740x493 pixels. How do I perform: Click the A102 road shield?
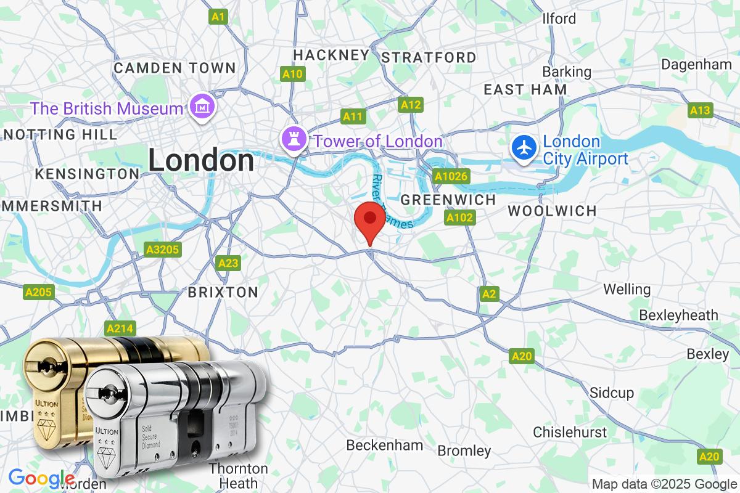[459, 217]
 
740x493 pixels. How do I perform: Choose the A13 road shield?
[700, 110]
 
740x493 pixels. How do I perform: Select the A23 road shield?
[228, 263]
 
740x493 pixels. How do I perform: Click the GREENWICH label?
[448, 200]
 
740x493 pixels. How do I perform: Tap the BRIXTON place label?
[223, 292]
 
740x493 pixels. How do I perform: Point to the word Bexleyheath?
[678, 315]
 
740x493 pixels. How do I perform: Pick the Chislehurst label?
[569, 431]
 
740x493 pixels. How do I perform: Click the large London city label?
[200, 161]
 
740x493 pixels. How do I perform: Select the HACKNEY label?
[331, 55]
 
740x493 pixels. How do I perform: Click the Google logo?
[41, 478]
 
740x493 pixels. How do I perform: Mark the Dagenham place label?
[696, 64]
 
